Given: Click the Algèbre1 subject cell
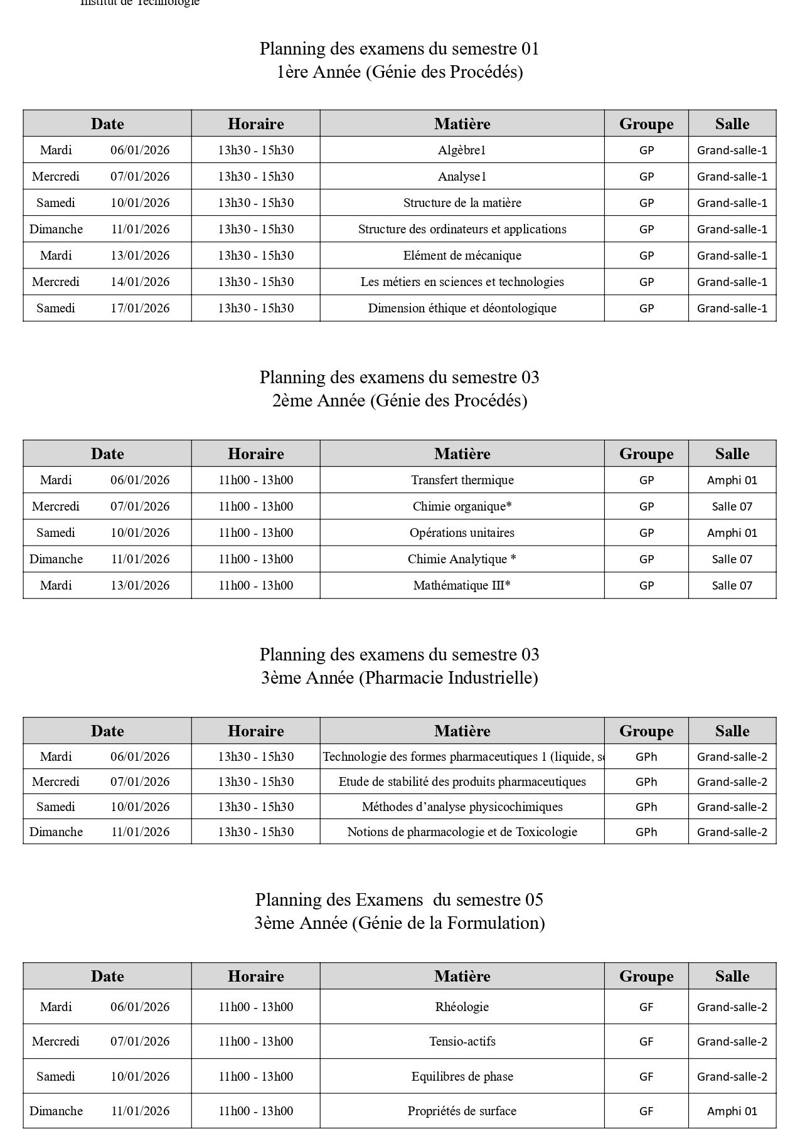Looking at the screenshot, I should pos(462,150).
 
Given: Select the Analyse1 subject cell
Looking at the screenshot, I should pos(462,176).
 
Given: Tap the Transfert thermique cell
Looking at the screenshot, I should pos(462,480).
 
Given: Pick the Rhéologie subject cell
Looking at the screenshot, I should pos(462,1007).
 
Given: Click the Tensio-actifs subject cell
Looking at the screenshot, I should pos(462,1041).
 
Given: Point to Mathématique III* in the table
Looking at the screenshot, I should pos(462,585).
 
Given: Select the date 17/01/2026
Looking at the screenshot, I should pos(140,308).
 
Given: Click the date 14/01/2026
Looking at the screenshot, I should pos(140,282).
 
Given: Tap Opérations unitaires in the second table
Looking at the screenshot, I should pos(462,533).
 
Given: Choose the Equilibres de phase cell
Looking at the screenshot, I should pos(462,1076).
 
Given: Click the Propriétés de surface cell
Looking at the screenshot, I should pos(462,1111).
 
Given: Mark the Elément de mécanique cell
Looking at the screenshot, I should pos(462,255).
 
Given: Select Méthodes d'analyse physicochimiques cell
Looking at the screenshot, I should pos(462,807).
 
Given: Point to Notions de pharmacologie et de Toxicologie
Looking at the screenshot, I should pos(462,832).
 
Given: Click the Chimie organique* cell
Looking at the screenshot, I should pos(462,506).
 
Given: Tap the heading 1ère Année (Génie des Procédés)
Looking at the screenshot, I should pos(400,72).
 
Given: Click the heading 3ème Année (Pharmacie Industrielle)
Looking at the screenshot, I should pos(400,677).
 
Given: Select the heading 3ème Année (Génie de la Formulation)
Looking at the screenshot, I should pos(400,923).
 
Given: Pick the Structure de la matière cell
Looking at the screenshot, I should pos(462,203).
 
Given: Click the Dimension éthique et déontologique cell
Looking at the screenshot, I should pos(462,308).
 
